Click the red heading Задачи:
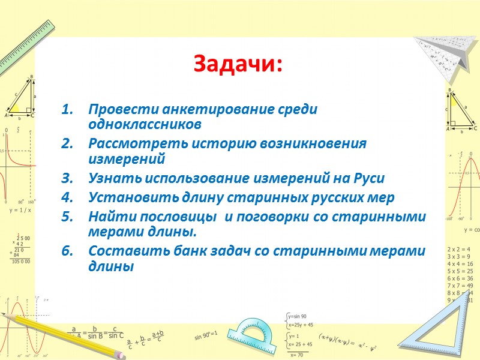click(x=238, y=63)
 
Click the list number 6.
click(x=67, y=251)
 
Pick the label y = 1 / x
click(x=20, y=211)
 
